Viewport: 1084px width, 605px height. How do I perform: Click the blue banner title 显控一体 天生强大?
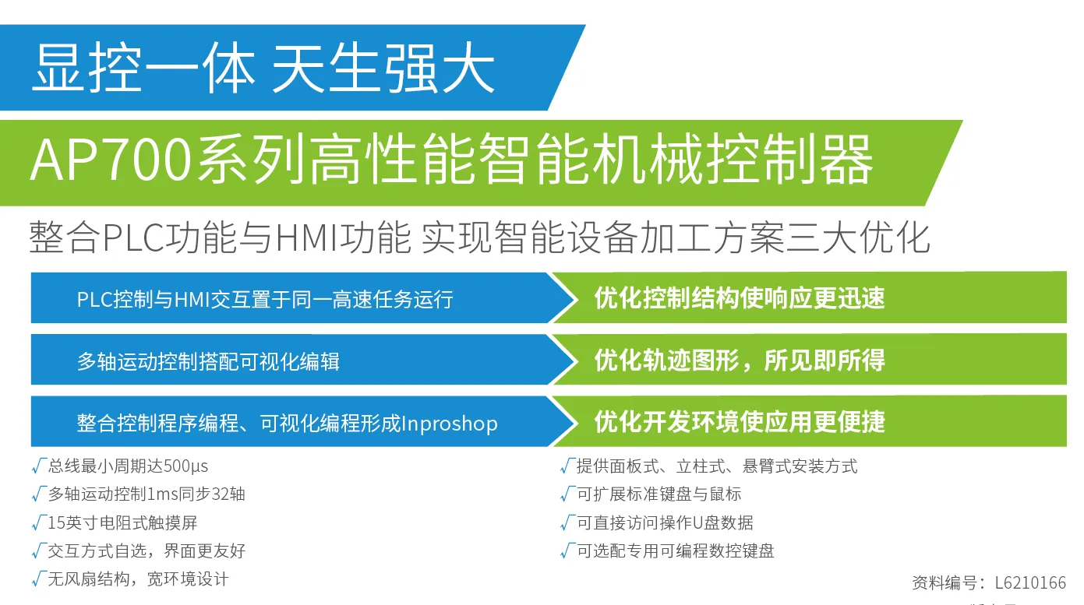pyautogui.click(x=263, y=68)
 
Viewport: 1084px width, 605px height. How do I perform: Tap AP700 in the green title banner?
pyautogui.click(x=111, y=160)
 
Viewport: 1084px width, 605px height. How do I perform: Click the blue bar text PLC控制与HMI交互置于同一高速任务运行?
pyautogui.click(x=265, y=299)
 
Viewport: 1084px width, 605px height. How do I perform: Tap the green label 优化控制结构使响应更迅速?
pyautogui.click(x=740, y=298)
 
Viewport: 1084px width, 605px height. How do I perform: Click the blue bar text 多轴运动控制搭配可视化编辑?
pyautogui.click(x=209, y=361)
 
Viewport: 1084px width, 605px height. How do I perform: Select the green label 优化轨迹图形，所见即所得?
pyautogui.click(x=740, y=361)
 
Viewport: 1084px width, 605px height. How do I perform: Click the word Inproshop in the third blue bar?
pyautogui.click(x=450, y=424)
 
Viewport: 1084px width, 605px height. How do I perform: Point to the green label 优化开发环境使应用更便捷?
pyautogui.click(x=740, y=422)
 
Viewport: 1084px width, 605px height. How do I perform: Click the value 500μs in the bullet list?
pyautogui.click(x=185, y=466)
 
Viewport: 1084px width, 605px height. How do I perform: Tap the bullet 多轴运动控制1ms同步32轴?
pyautogui.click(x=147, y=494)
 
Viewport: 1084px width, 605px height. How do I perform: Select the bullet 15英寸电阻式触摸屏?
pyautogui.click(x=122, y=522)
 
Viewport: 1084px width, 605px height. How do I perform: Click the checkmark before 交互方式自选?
pyautogui.click(x=39, y=550)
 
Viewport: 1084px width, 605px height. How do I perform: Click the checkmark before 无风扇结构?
pyautogui.click(x=39, y=579)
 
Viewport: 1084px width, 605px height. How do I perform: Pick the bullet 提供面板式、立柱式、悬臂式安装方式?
pyautogui.click(x=717, y=466)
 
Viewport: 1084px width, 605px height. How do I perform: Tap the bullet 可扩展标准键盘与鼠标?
pyautogui.click(x=659, y=494)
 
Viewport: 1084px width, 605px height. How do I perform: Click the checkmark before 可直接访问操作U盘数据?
pyautogui.click(x=567, y=522)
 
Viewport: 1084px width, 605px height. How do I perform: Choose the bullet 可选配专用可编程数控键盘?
pyautogui.click(x=676, y=550)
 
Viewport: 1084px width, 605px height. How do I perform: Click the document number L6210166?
pyautogui.click(x=1030, y=582)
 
